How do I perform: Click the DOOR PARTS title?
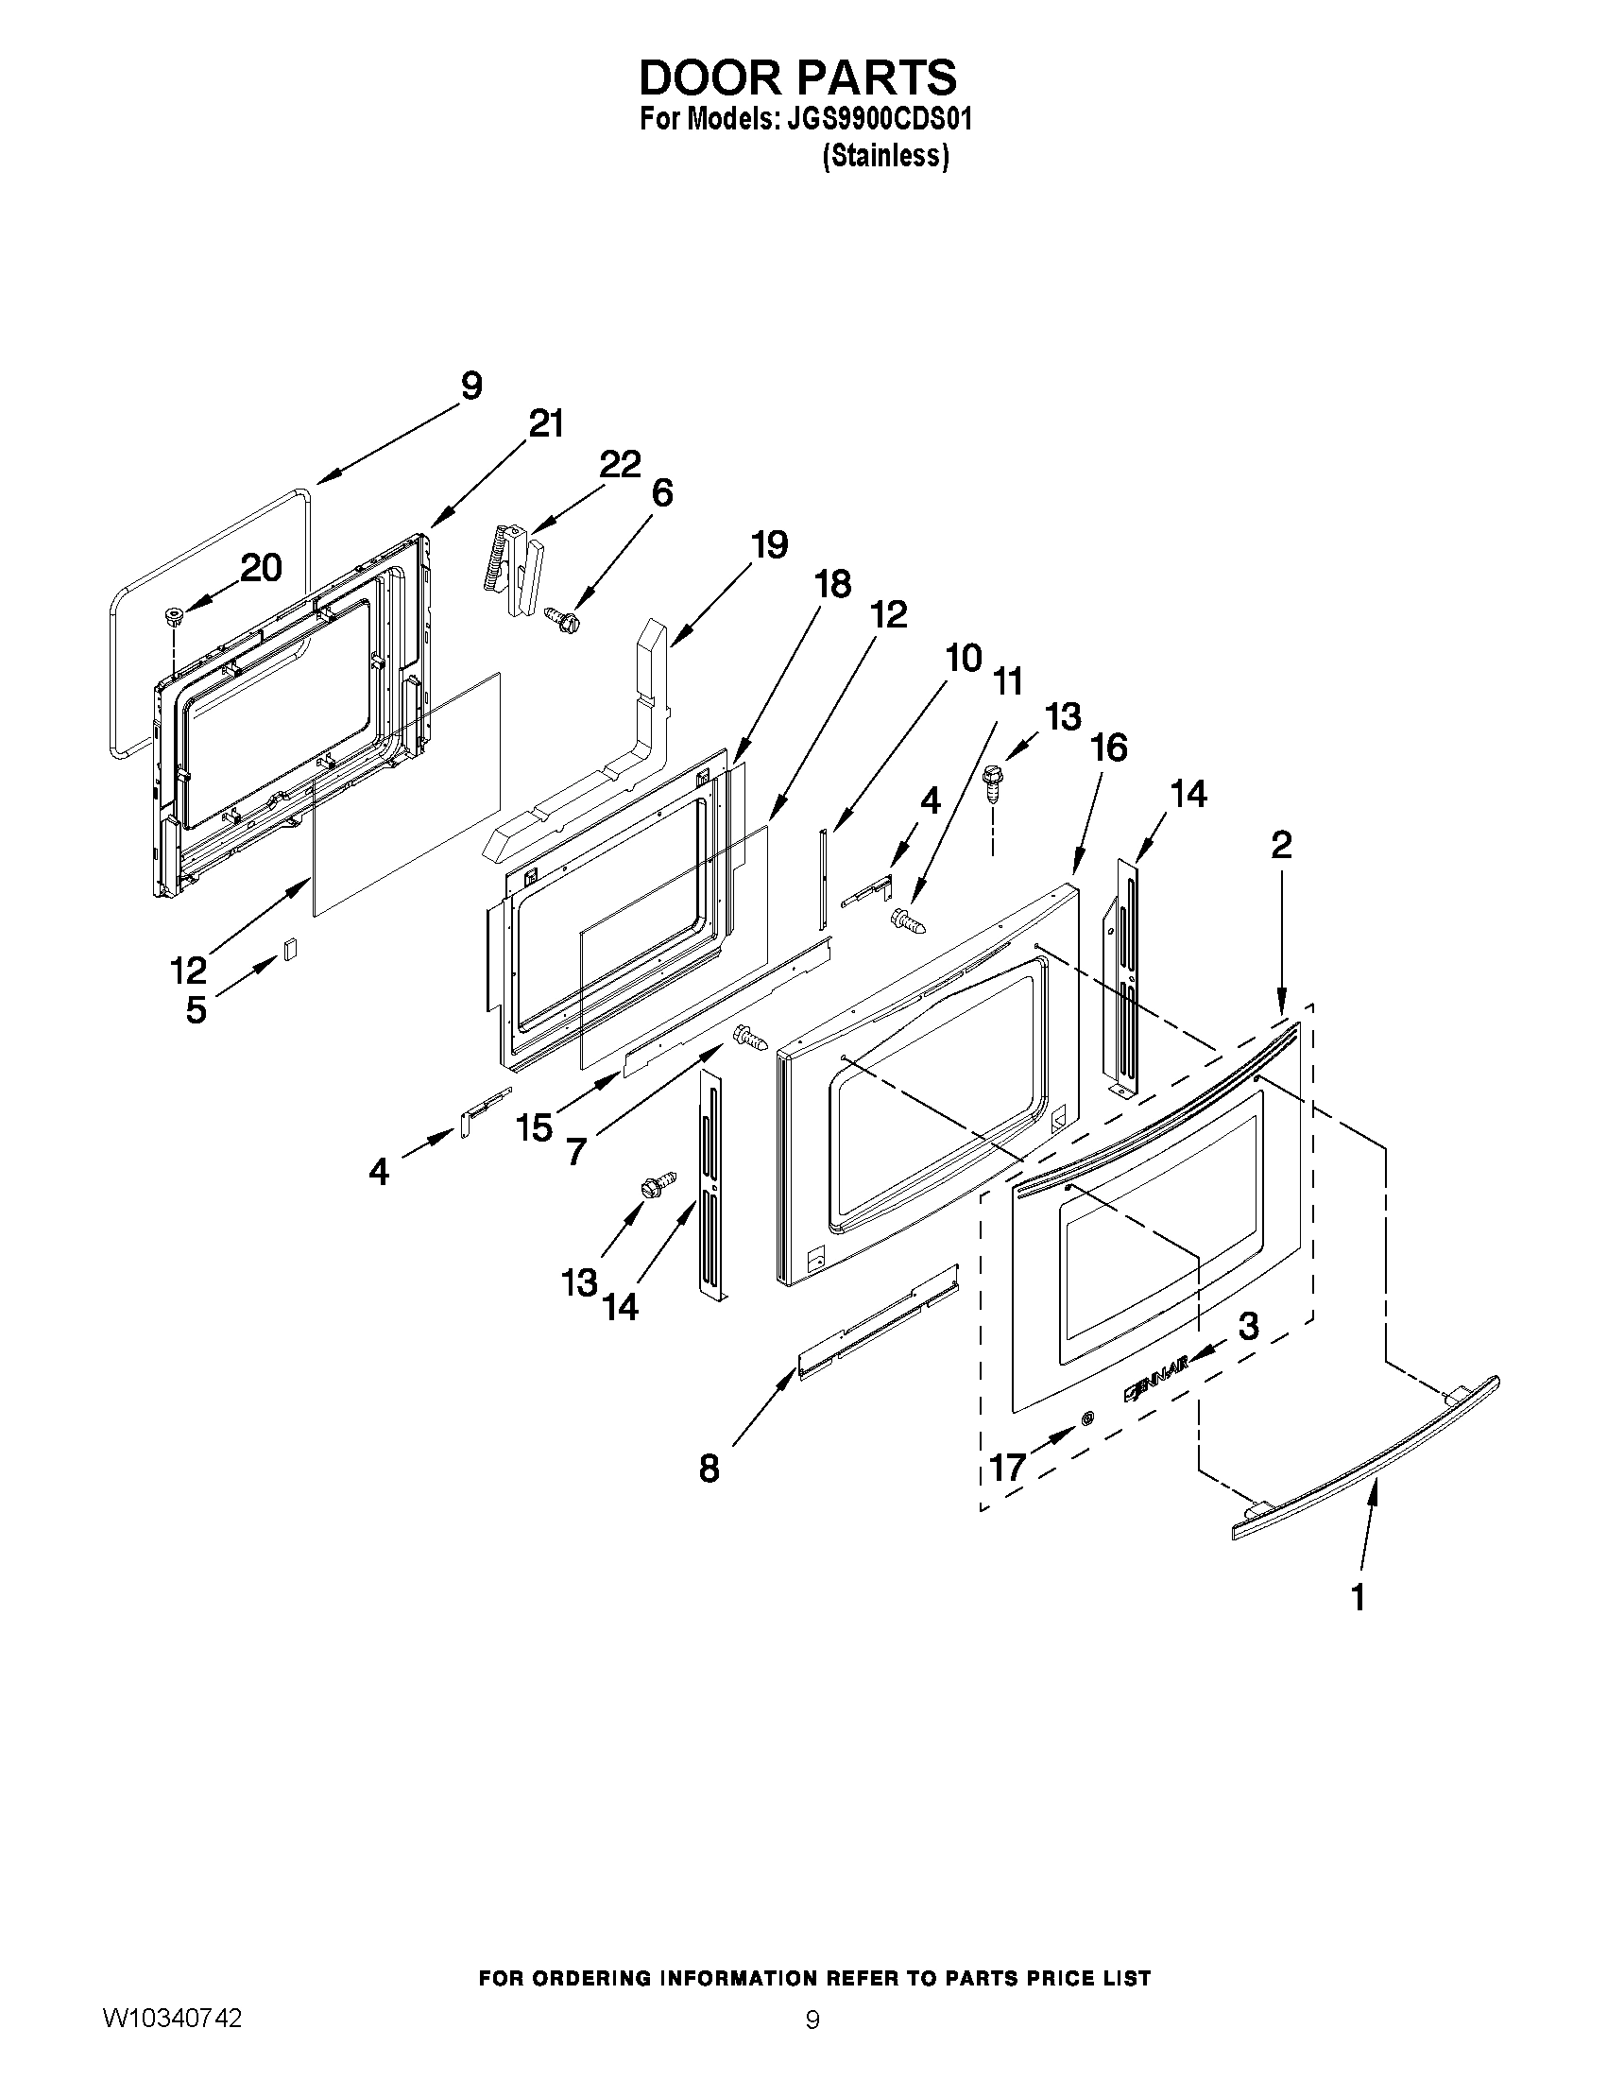(797, 77)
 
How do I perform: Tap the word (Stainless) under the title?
(885, 155)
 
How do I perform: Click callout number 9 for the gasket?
(471, 386)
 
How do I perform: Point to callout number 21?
(546, 423)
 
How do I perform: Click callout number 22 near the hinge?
(620, 464)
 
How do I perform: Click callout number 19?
(769, 544)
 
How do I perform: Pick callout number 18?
(833, 584)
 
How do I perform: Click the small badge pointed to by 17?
(1087, 1418)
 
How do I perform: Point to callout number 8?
(709, 1469)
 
